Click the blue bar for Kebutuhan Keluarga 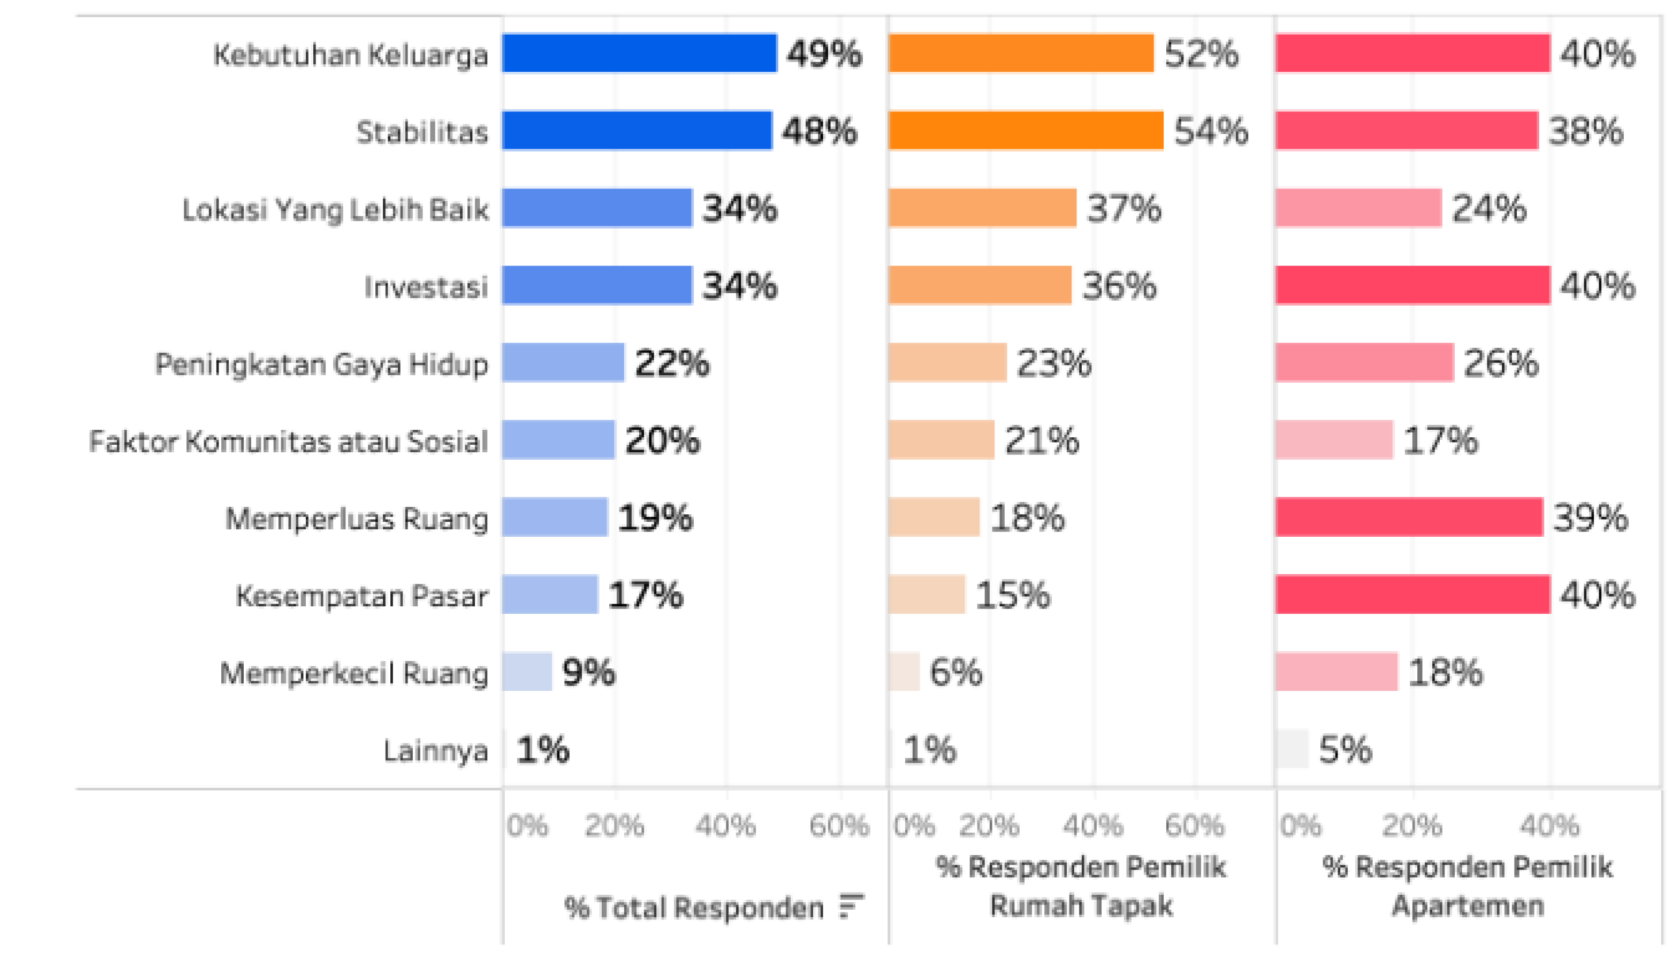point(640,53)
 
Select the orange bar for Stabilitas point(1026,130)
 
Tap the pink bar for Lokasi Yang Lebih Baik point(1358,207)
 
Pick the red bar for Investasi point(1413,285)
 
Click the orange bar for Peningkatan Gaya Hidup point(948,362)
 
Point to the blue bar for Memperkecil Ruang point(527,671)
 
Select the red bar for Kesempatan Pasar point(1413,594)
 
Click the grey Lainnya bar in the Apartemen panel point(1291,749)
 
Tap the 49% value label point(824,53)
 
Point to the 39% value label point(1590,517)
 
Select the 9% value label point(589,672)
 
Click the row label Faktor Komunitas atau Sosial point(289,441)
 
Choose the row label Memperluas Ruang point(357,519)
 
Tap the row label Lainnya point(436,751)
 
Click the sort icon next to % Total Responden point(852,906)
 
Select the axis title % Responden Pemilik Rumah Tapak point(1081,886)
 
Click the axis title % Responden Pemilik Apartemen point(1467,886)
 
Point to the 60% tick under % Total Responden point(839,825)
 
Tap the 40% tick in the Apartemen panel point(1550,825)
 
